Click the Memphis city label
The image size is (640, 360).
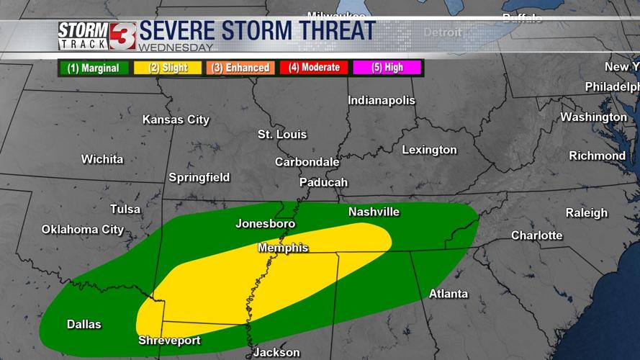[x=283, y=248]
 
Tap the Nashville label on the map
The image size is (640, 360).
[x=374, y=212]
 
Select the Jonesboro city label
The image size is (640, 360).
[x=265, y=224]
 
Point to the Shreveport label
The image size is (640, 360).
[x=169, y=341]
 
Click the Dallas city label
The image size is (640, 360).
[x=84, y=324]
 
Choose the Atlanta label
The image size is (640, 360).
[x=449, y=294]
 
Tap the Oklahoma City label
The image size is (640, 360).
[x=83, y=230]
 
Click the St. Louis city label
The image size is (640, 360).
[x=282, y=135]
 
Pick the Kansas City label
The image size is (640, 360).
[x=176, y=120]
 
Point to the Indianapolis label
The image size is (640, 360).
[x=382, y=101]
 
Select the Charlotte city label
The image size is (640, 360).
[x=537, y=235]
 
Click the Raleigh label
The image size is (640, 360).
[x=586, y=213]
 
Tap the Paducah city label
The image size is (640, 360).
[x=323, y=182]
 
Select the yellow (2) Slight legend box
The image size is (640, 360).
[x=168, y=68]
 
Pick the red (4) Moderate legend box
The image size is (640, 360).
[x=315, y=68]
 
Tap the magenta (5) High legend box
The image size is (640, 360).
[x=387, y=68]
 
